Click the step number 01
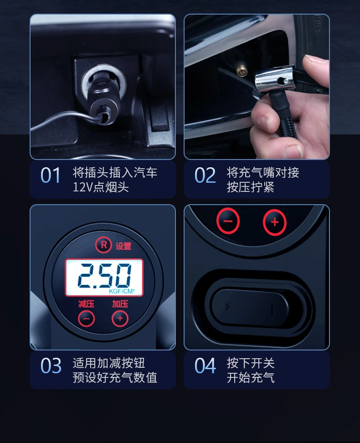pyautogui.click(x=50, y=175)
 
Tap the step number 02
pyautogui.click(x=205, y=175)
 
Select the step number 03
pyautogui.click(x=51, y=366)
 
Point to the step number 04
pyautogui.click(x=205, y=366)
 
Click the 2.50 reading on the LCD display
pyautogui.click(x=104, y=276)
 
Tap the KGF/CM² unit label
pyautogui.click(x=122, y=291)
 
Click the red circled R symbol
pyautogui.click(x=103, y=245)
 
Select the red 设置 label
pyautogui.click(x=123, y=247)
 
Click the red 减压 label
pyautogui.click(x=86, y=304)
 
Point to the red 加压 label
pyautogui.click(x=120, y=304)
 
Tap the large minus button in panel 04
pyautogui.click(x=228, y=221)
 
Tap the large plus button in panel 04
pyautogui.click(x=275, y=222)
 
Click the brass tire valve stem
pyautogui.click(x=241, y=70)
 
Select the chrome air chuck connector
pyautogui.click(x=274, y=79)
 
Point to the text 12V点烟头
pyautogui.click(x=101, y=187)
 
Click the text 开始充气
pyautogui.click(x=251, y=378)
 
